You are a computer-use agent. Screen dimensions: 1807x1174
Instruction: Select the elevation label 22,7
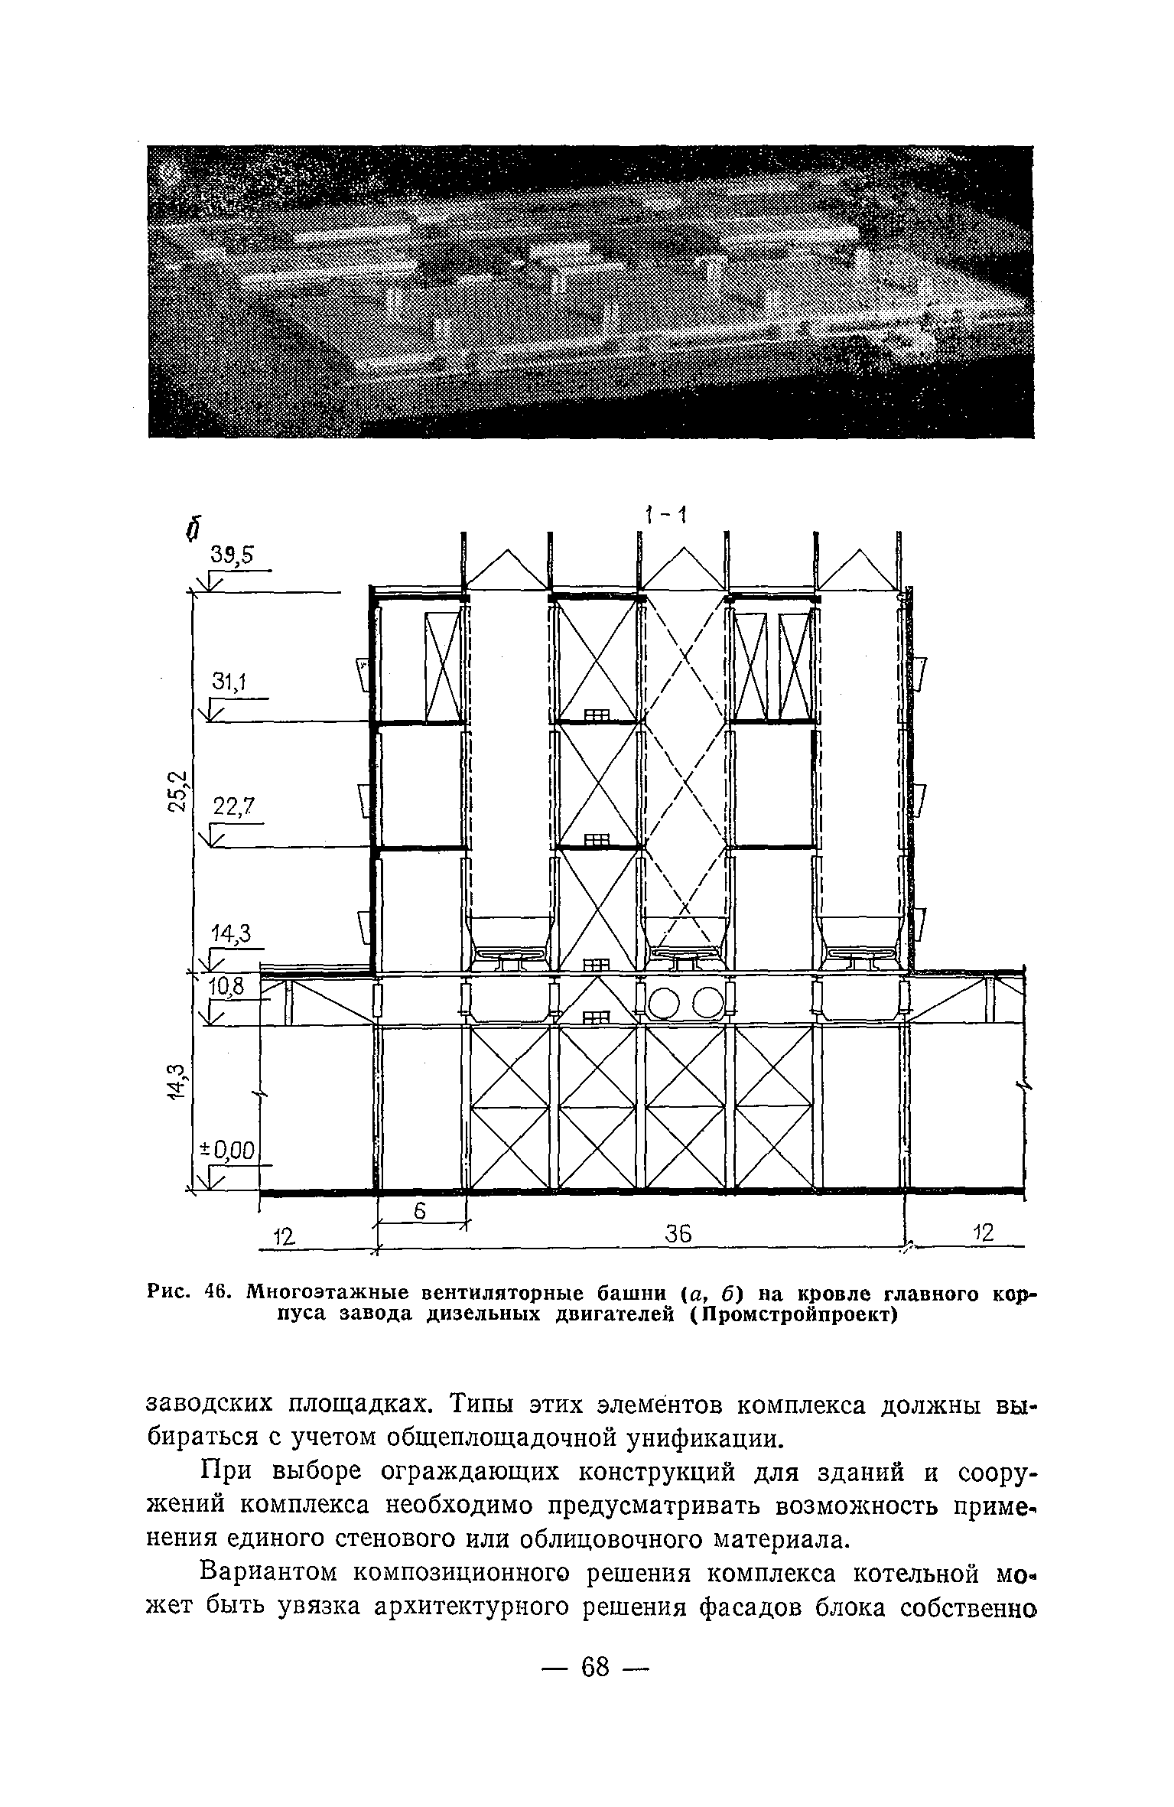[x=233, y=807]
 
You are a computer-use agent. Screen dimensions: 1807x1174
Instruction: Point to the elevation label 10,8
[x=226, y=988]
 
